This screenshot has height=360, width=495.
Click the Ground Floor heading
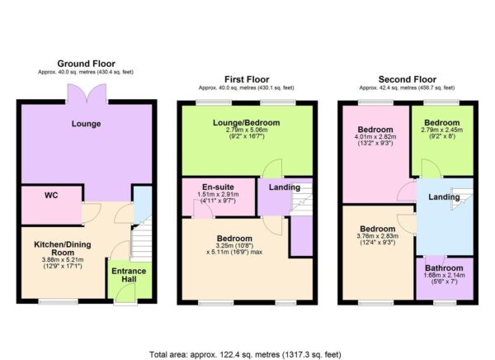click(x=86, y=63)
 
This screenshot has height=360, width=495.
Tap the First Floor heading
click(x=245, y=78)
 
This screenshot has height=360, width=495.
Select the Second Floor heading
click(x=406, y=78)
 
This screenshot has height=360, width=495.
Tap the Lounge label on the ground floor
click(x=86, y=125)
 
